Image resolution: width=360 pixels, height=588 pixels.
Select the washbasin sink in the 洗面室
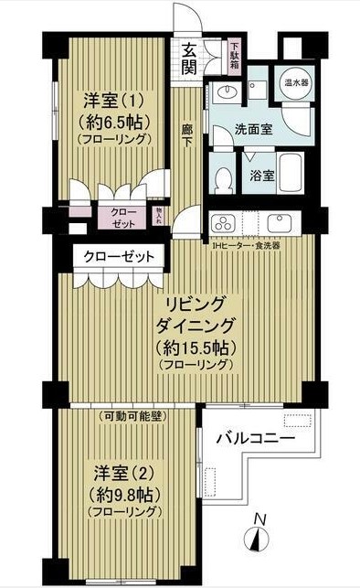(x=223, y=92)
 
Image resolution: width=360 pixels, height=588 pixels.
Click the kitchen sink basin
(x=278, y=223)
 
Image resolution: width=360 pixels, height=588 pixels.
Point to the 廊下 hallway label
(x=187, y=136)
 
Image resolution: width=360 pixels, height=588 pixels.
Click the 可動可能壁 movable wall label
(x=131, y=416)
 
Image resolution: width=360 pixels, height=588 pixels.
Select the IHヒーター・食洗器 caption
(x=246, y=245)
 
